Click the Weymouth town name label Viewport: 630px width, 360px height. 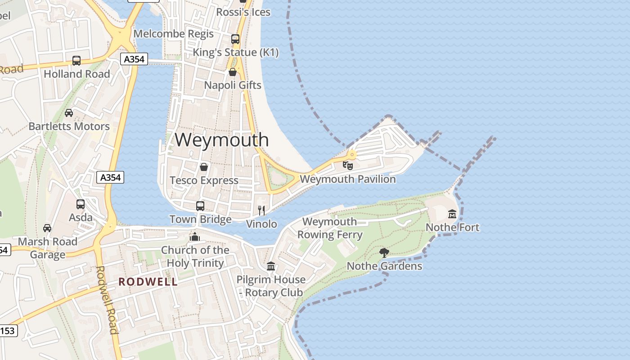[221, 140]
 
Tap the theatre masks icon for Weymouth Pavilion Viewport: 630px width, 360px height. [347, 165]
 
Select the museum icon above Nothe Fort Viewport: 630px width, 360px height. [452, 214]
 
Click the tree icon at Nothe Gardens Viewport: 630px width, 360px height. [384, 252]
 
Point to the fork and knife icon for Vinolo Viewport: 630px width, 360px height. [261, 210]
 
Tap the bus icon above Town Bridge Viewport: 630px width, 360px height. [200, 206]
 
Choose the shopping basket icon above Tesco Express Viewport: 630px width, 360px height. [204, 167]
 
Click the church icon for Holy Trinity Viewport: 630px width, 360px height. [195, 236]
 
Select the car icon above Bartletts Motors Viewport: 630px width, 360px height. [69, 113]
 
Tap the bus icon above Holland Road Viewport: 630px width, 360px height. [76, 61]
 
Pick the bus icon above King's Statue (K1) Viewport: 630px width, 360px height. [235, 39]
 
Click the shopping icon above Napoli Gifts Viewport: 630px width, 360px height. [233, 72]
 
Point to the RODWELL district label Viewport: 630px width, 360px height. [148, 282]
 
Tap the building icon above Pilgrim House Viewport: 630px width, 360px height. [271, 266]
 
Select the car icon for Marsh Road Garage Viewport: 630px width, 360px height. [47, 228]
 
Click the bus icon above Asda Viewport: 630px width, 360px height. [81, 204]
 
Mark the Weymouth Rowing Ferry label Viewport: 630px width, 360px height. [330, 228]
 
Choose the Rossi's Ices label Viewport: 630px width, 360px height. [243, 12]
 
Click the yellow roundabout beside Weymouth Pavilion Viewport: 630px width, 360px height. [352, 155]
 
